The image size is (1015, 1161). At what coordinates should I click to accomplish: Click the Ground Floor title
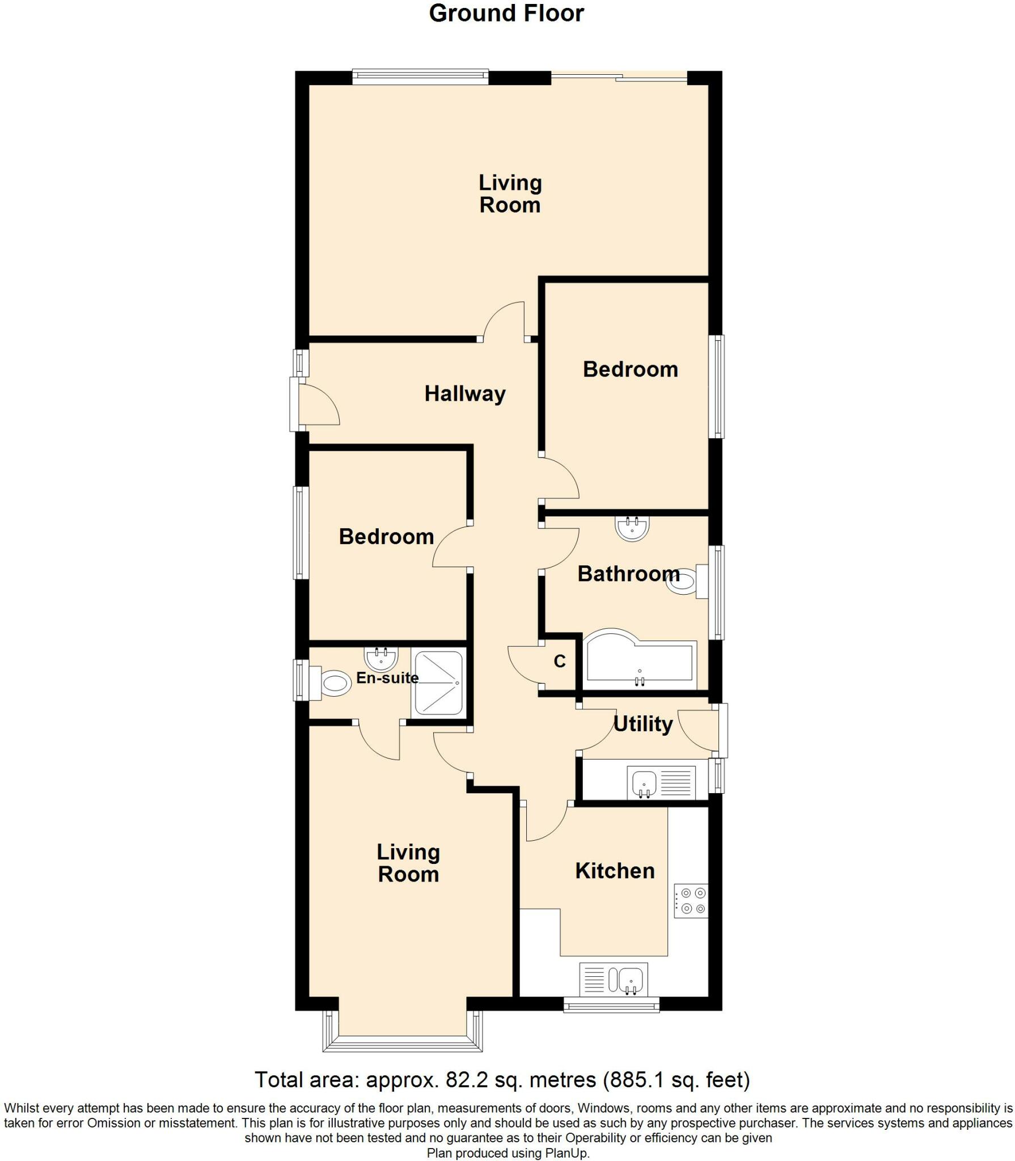506,14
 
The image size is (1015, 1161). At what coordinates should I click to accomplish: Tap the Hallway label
465,393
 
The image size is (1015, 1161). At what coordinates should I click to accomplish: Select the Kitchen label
615,871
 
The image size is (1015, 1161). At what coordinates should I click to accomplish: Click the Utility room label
643,724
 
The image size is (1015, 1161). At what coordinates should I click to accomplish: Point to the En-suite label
387,677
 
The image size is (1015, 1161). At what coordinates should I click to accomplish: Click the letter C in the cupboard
560,661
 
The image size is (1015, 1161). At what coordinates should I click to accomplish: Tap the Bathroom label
629,574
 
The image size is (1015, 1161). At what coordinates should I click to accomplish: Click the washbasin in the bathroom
632,528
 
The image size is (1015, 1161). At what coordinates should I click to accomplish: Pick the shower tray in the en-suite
439,683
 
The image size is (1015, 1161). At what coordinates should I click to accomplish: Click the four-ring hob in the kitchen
691,901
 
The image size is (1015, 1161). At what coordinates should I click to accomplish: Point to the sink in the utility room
661,783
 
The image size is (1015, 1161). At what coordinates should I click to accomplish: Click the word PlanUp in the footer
566,1153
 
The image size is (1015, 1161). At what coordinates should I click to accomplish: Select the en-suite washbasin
381,659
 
